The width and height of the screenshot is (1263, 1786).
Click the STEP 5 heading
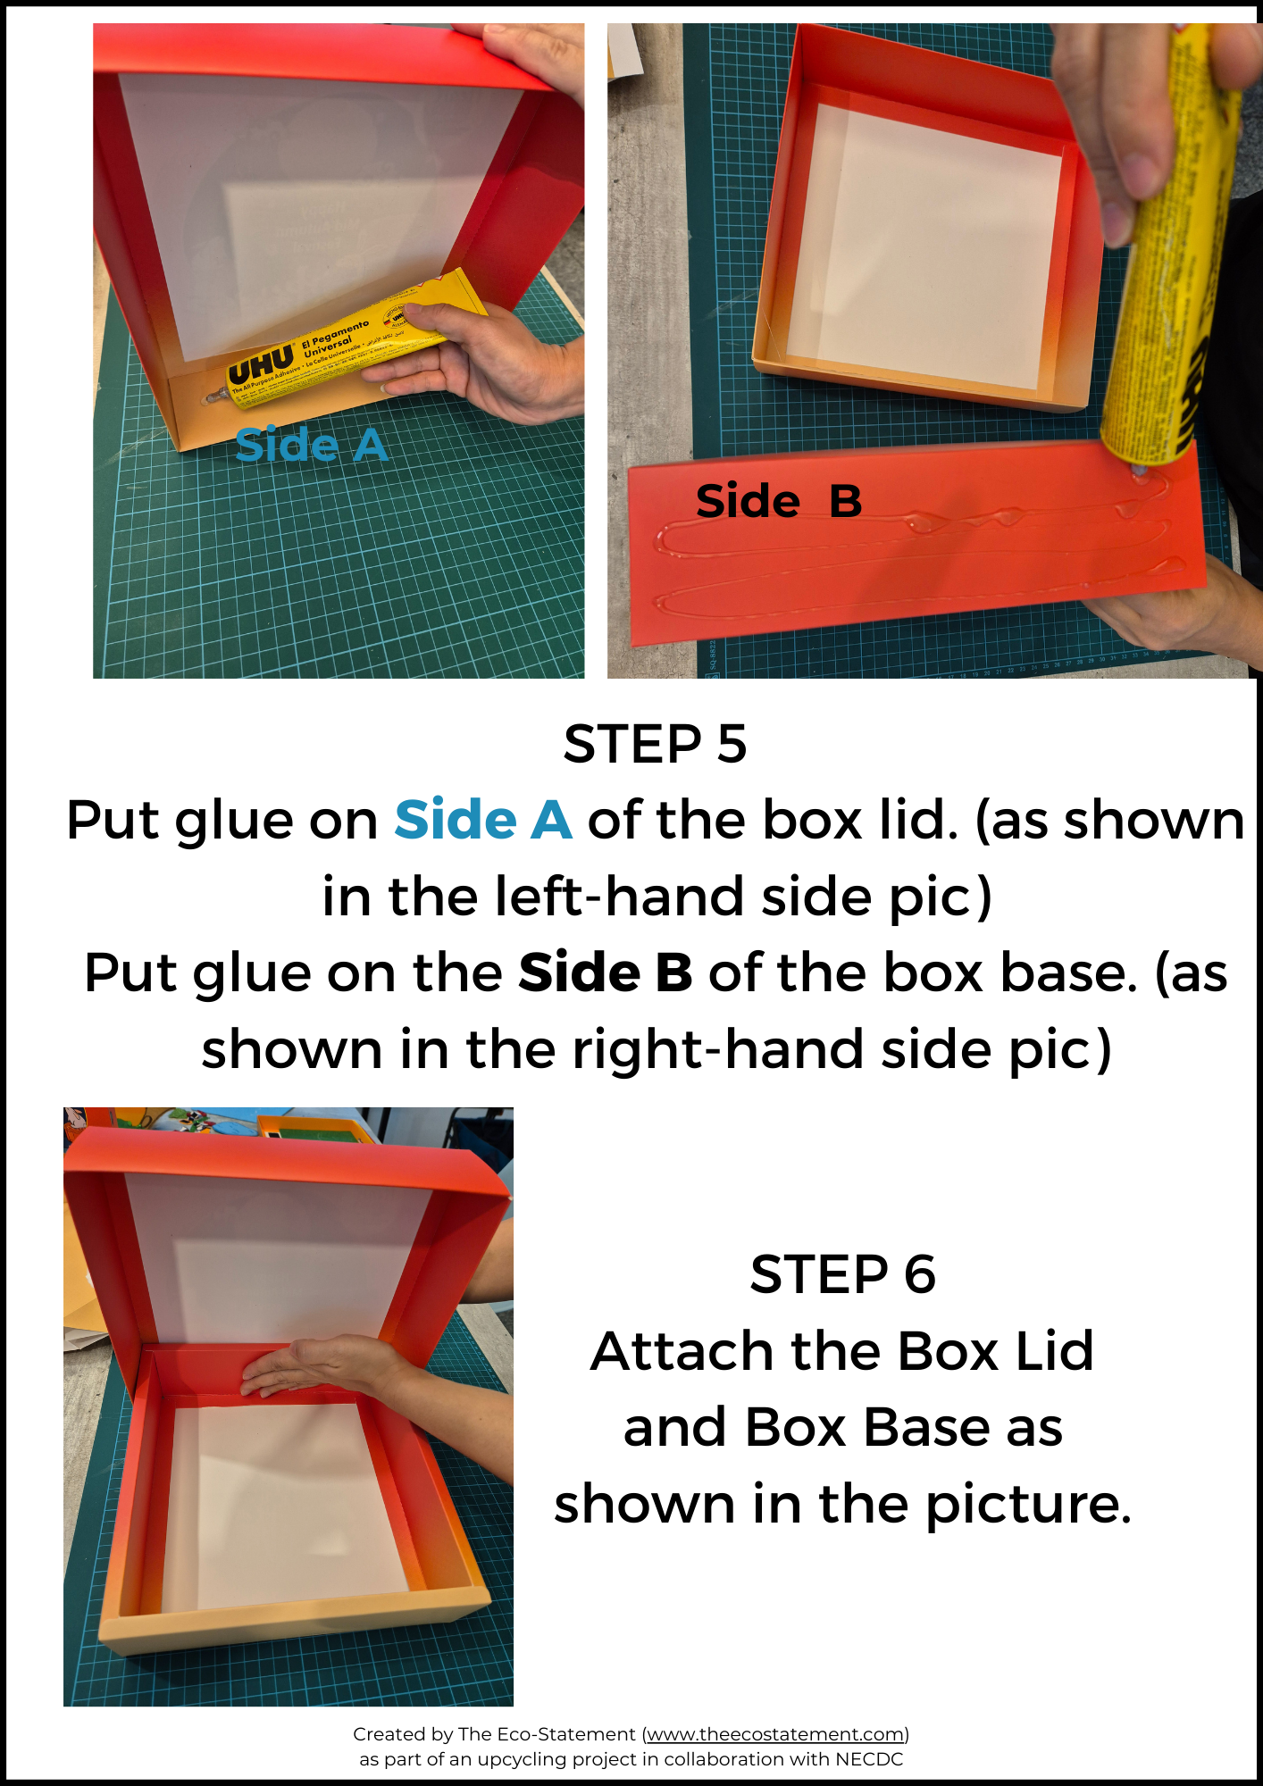tap(655, 744)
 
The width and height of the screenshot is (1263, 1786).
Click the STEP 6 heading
tap(842, 1273)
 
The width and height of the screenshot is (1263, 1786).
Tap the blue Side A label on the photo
tap(311, 445)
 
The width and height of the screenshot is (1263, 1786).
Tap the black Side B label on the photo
tap(779, 501)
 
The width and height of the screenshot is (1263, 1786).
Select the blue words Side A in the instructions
tap(483, 820)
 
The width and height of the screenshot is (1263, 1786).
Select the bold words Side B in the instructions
tap(606, 972)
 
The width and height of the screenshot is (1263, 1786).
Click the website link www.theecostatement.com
tap(775, 1733)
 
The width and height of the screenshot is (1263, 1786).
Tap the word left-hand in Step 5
tap(619, 896)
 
